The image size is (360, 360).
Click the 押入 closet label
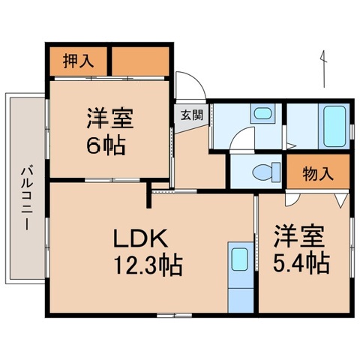79,60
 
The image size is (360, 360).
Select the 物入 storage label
317,174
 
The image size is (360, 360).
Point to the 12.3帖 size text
148,265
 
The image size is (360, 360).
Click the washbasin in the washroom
262,115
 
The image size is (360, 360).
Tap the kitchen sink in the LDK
239,259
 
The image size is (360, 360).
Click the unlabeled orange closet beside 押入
140,60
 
